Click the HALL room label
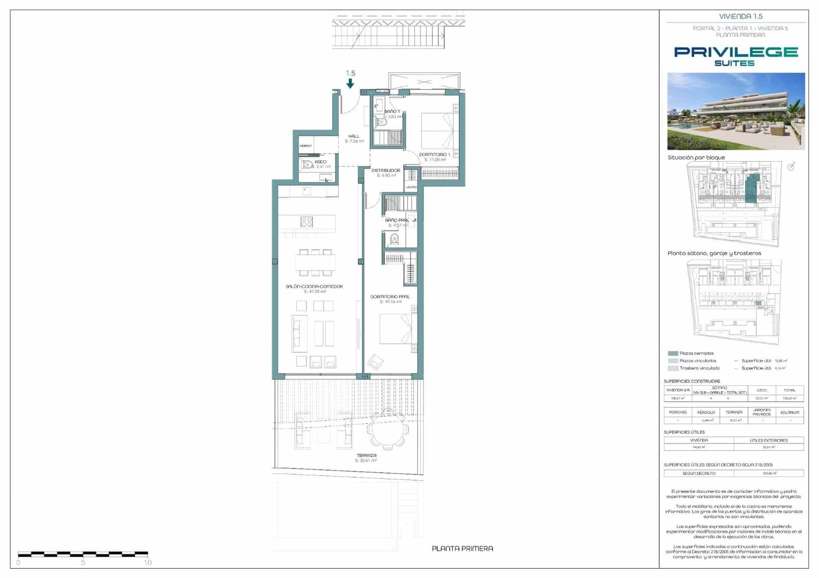[x=354, y=136]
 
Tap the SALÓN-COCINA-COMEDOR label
[x=314, y=286]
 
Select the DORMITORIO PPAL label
[x=390, y=297]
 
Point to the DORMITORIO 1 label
[x=435, y=154]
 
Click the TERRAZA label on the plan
[x=367, y=455]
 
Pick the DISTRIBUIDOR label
[x=386, y=170]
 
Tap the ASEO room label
[x=320, y=162]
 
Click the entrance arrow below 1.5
[x=351, y=83]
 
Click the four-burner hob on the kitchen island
[x=307, y=221]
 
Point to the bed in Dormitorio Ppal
[x=396, y=328]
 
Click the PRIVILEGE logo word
[x=736, y=52]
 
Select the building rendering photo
[x=736, y=111]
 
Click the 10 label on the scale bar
[x=148, y=563]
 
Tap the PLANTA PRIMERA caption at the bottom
[x=462, y=548]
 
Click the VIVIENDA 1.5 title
[x=741, y=16]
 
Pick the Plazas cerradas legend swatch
[x=673, y=353]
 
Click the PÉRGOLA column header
[x=706, y=412]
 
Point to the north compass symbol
[x=791, y=166]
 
